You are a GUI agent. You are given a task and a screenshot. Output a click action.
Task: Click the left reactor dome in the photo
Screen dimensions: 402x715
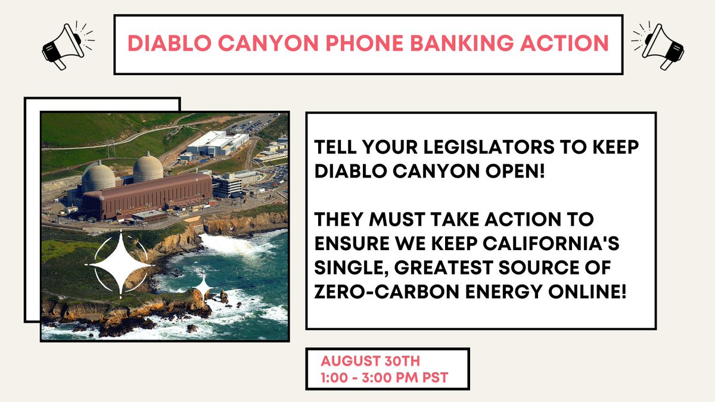click(98, 177)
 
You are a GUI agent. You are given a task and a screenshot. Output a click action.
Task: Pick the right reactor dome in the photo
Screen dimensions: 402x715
click(148, 169)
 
